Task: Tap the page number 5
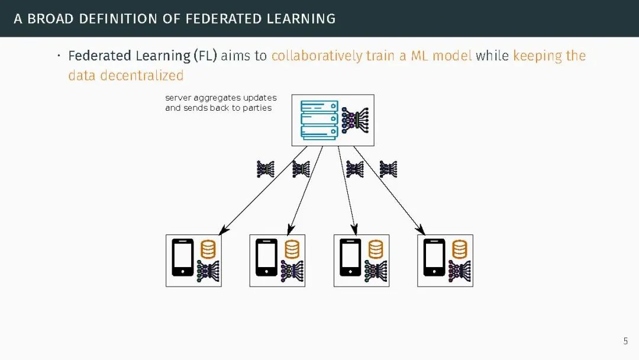625,341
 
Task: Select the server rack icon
319,120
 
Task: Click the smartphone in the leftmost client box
182,258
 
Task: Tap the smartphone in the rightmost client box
434,258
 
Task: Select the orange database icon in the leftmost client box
208,249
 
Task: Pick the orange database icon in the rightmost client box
459,249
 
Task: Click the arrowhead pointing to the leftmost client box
224,230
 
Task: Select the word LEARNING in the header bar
302,18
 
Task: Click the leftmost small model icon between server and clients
265,169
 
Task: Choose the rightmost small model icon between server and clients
388,169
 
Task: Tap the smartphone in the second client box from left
266,258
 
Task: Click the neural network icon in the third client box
376,271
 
